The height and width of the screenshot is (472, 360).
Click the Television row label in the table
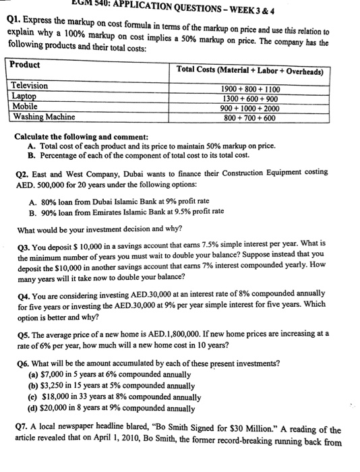[x=30, y=86]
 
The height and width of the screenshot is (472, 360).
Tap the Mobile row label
[x=25, y=106]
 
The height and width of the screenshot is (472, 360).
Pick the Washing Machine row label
[x=44, y=117]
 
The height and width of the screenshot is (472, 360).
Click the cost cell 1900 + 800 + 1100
[x=251, y=89]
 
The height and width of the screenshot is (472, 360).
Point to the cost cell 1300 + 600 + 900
[x=251, y=98]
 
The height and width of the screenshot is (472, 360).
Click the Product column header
[x=26, y=65]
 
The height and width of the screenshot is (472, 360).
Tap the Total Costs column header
[x=249, y=70]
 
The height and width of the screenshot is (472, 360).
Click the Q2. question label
[x=22, y=172]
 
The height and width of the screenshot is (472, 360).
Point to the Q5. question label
[x=22, y=332]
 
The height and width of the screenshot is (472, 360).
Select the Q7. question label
[x=22, y=430]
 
